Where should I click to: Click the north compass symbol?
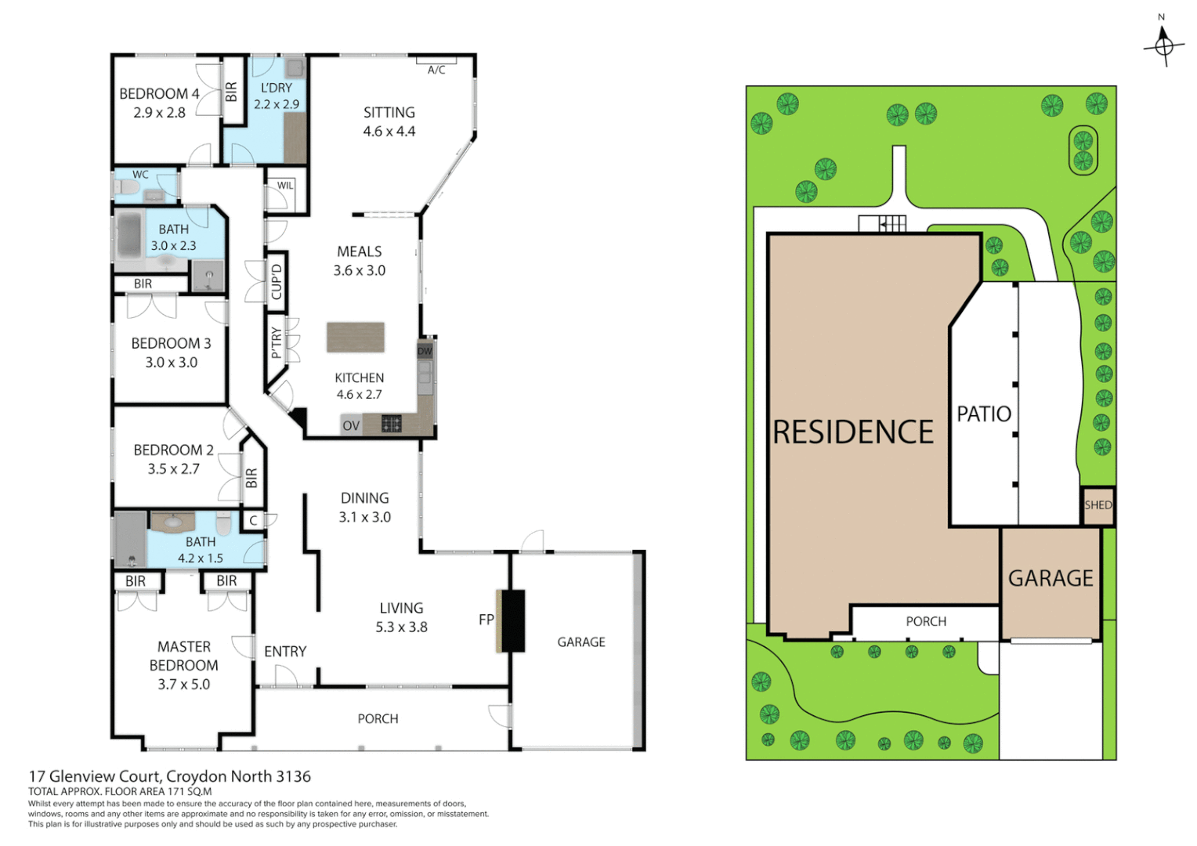1163,45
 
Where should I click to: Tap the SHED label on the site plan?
1098,505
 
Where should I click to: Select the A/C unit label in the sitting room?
436,70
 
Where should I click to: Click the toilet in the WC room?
126,187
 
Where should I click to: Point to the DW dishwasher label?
425,351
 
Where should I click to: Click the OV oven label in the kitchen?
351,425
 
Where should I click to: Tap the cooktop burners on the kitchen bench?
392,424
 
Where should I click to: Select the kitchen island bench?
356,337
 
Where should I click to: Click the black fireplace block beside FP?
513,620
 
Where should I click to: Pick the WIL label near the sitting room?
285,186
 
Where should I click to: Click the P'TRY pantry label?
276,343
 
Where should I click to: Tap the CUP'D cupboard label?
276,282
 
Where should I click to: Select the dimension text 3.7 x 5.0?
184,684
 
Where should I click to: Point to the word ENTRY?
285,651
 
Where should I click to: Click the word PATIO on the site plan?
984,414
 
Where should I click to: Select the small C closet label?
253,520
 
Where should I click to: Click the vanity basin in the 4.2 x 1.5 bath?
172,522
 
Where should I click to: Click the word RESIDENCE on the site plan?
853,432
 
